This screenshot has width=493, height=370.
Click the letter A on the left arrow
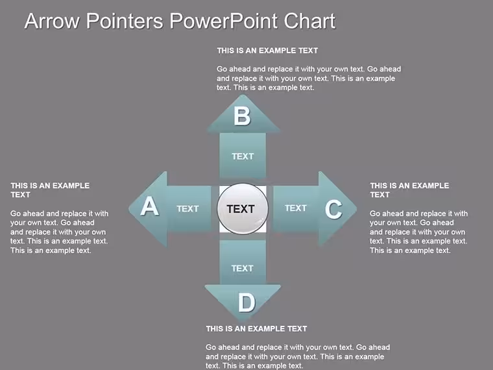150,206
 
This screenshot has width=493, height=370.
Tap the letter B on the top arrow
242,116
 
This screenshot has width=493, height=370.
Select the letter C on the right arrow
333,209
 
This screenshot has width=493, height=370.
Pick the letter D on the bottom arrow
246,302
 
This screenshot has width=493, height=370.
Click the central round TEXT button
243,208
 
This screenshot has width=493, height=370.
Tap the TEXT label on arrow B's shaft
243,156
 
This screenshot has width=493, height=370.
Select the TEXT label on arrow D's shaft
242,268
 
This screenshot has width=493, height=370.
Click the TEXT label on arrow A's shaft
187,208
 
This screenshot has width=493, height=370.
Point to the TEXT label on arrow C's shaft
296,208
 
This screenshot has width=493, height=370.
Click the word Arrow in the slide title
52,21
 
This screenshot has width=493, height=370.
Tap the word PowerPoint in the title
224,21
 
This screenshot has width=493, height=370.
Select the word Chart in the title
309,21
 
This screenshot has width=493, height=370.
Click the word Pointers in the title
125,21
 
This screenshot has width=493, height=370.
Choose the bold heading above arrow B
267,51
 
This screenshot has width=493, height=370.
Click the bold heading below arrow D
257,329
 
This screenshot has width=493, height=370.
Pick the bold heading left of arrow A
50,190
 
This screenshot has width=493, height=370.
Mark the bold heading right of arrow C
409,190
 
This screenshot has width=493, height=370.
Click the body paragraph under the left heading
59,232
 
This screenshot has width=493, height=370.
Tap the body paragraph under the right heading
419,232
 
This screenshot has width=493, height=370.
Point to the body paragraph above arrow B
309,79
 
